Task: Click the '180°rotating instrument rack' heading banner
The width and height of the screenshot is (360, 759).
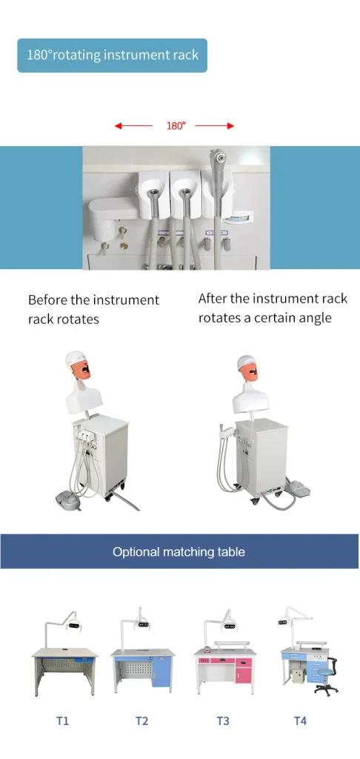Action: [x=113, y=56]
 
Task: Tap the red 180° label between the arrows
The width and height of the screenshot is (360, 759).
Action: [x=176, y=126]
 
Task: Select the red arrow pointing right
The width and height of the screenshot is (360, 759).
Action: [x=215, y=126]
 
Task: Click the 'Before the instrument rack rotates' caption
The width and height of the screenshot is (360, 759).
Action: [x=93, y=310]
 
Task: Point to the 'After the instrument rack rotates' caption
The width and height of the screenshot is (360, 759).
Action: [x=273, y=308]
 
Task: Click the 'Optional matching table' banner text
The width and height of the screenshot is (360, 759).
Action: [x=179, y=551]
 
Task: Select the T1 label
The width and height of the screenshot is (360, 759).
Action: [x=62, y=720]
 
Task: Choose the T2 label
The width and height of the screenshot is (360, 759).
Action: [x=141, y=720]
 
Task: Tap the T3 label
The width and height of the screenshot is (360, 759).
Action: [x=222, y=720]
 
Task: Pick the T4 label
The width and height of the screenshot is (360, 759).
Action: [x=301, y=720]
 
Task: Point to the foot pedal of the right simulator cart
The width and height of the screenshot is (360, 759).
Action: [x=300, y=486]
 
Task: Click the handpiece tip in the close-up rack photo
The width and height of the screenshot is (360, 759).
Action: [x=219, y=157]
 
